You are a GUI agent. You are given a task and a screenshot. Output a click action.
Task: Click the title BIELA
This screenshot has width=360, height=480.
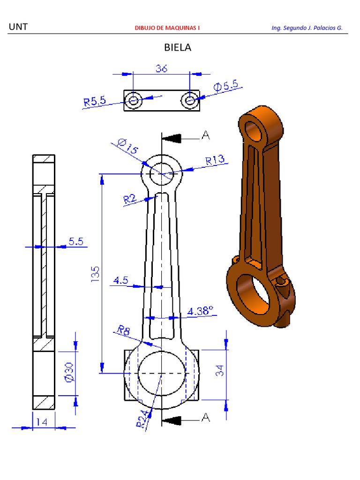(x=178, y=47)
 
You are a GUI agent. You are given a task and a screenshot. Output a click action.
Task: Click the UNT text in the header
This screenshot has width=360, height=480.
(x=18, y=27)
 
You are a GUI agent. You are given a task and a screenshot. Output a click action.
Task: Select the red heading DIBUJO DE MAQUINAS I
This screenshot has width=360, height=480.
(x=167, y=28)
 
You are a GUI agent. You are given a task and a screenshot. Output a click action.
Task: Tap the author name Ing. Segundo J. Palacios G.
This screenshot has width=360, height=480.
(x=307, y=28)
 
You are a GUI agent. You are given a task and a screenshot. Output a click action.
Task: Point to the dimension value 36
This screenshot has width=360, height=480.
(x=161, y=68)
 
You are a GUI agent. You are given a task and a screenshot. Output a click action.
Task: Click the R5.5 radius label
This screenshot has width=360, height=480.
(x=95, y=101)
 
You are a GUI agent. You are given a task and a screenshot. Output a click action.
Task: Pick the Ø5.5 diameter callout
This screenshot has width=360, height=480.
(x=226, y=86)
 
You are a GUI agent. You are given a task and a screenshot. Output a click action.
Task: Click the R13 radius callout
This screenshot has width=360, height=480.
(x=216, y=160)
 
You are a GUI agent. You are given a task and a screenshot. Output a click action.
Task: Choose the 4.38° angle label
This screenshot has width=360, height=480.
(x=200, y=310)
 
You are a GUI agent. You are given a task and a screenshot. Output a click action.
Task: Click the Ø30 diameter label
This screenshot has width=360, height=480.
(x=68, y=371)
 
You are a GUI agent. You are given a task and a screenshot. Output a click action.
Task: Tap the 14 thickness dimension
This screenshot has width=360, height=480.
(x=42, y=422)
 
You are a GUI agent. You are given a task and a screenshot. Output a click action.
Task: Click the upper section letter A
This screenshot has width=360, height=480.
(x=205, y=135)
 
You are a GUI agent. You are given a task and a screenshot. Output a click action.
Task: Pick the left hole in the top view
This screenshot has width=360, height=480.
(x=134, y=100)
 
